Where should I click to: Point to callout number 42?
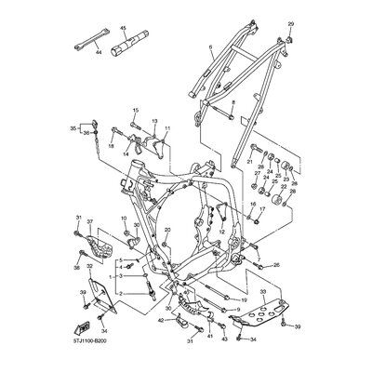click(x=160, y=320)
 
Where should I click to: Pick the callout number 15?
click(x=134, y=110)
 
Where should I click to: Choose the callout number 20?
click(x=167, y=231)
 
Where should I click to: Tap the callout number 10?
click(x=123, y=219)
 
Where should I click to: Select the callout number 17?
click(x=262, y=208)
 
